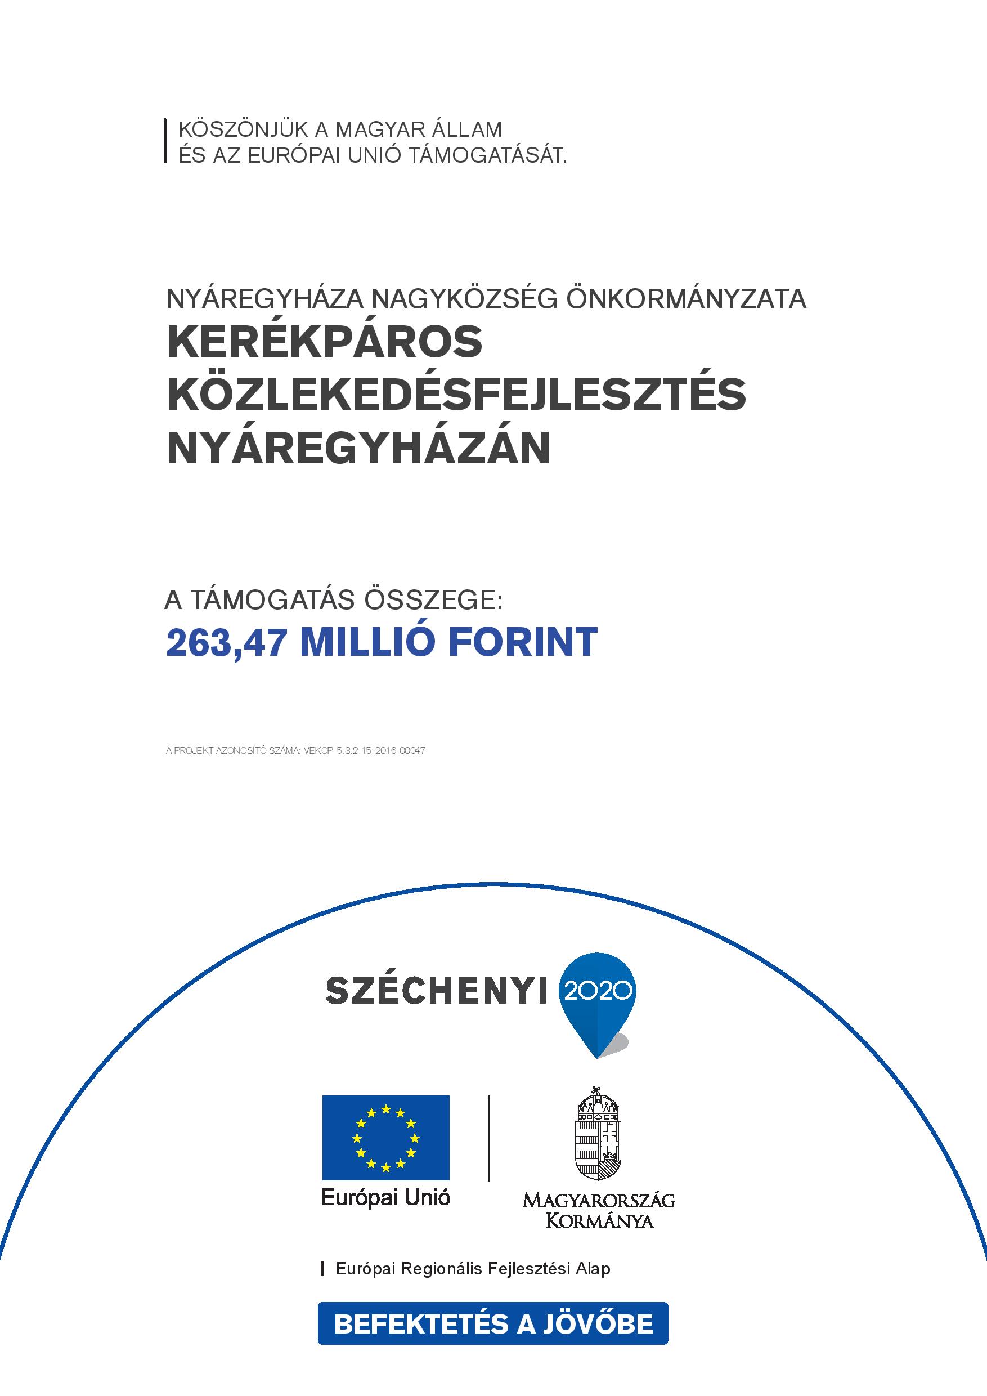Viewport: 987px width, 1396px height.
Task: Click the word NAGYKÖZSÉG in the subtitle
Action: click(465, 298)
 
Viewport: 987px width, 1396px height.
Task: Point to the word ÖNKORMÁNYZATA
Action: click(686, 298)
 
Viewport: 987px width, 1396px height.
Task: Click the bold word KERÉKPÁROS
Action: click(325, 342)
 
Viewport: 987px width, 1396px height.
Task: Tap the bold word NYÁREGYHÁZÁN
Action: click(358, 448)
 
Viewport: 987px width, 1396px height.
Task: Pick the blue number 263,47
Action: click(226, 643)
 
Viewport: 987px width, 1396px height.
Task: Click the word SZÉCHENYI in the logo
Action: click(436, 992)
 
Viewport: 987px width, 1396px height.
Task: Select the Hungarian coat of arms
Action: click(599, 1133)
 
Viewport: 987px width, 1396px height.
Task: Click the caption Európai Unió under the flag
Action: click(386, 1198)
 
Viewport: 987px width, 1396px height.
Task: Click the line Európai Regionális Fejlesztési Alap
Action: click(473, 1269)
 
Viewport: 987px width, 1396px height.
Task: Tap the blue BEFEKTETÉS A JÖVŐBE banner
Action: click(493, 1322)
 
